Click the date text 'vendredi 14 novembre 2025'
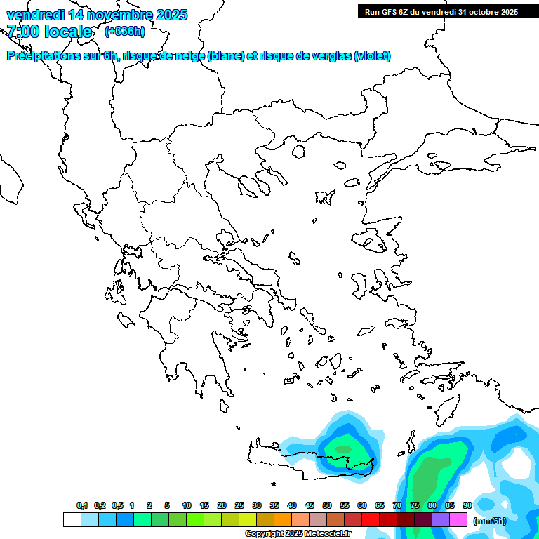(x=97, y=15)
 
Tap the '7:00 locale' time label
(x=49, y=32)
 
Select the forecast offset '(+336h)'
(x=125, y=32)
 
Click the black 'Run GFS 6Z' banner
(x=441, y=12)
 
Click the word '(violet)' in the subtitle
(x=373, y=56)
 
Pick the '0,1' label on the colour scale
(x=82, y=505)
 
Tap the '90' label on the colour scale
(x=467, y=505)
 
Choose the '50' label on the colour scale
(x=327, y=505)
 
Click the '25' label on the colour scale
(x=239, y=505)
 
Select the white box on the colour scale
(x=72, y=520)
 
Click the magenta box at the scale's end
(x=458, y=520)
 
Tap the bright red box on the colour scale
(x=371, y=520)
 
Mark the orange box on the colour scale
(x=283, y=520)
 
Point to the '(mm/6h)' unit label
(x=490, y=521)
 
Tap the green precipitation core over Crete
(x=344, y=448)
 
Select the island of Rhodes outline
(x=446, y=407)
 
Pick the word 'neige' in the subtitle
(x=190, y=56)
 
